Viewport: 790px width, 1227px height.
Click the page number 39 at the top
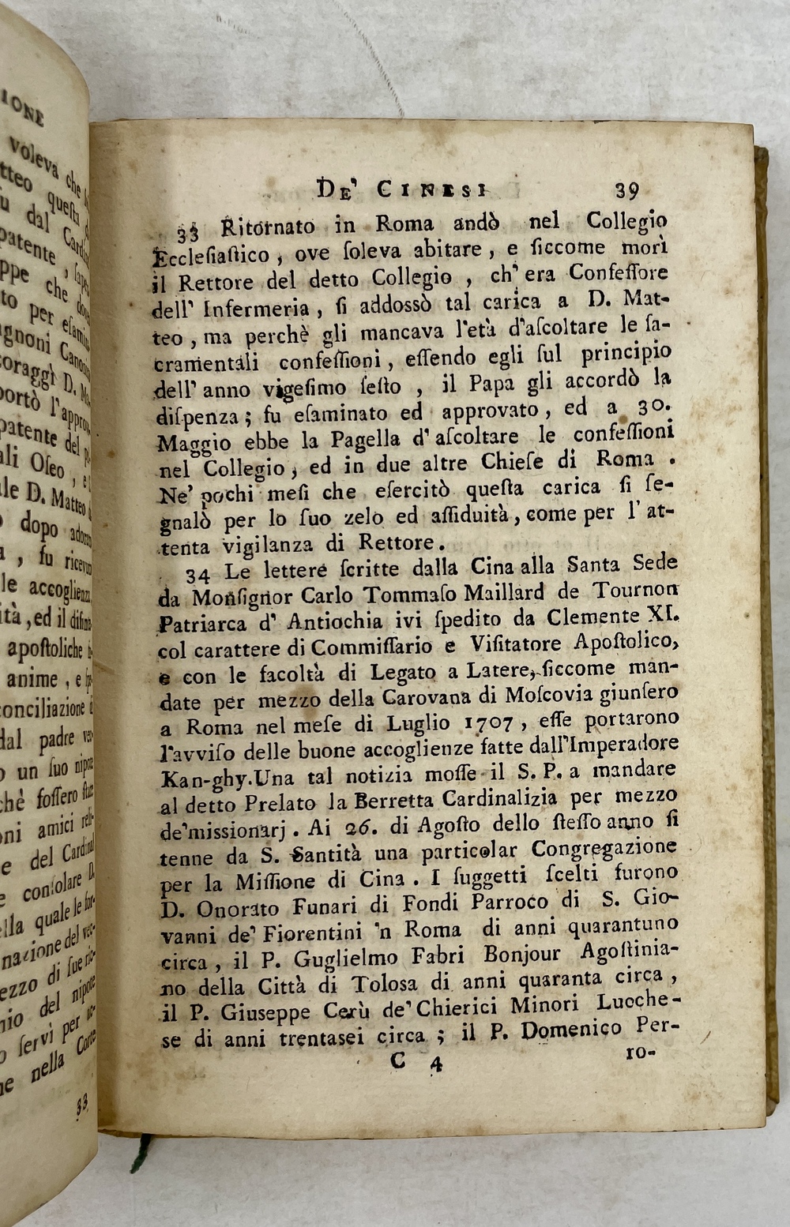click(626, 190)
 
